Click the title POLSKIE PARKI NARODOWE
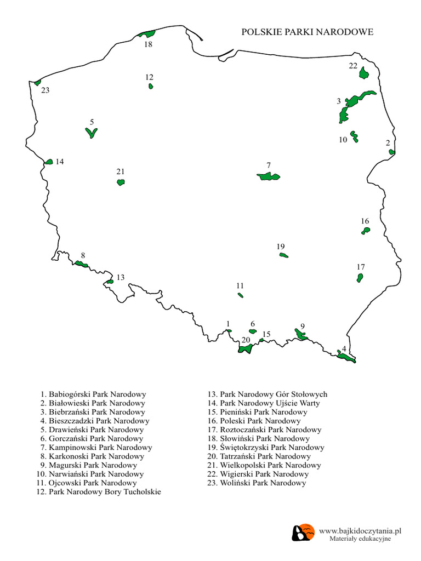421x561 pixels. click(x=307, y=32)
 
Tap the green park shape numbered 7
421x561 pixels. click(x=268, y=176)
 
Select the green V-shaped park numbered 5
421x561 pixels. click(x=92, y=133)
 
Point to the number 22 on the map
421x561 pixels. click(x=353, y=66)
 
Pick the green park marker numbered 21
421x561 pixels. click(x=121, y=182)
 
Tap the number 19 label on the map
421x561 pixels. click(x=281, y=247)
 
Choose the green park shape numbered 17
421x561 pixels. click(x=360, y=278)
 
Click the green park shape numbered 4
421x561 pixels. click(x=346, y=357)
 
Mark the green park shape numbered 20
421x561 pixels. click(x=245, y=348)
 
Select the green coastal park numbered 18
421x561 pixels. click(x=147, y=34)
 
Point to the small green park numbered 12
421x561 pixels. click(x=151, y=86)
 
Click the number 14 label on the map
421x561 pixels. click(x=60, y=162)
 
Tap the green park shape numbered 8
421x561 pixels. click(x=81, y=264)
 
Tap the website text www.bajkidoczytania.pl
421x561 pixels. click(x=361, y=531)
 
